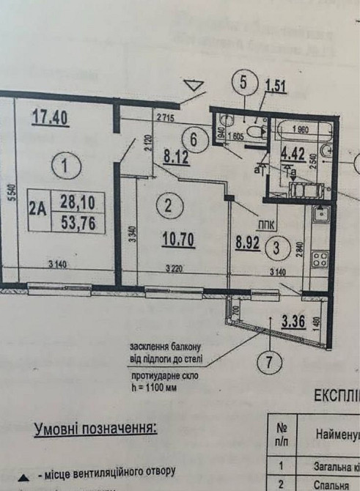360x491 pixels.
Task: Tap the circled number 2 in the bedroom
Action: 168,206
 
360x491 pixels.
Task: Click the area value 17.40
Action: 51,117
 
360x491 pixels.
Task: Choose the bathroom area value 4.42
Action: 294,155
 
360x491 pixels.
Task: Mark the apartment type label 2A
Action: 37,209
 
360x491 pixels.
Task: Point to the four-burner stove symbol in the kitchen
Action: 320,257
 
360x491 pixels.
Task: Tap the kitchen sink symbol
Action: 320,215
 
